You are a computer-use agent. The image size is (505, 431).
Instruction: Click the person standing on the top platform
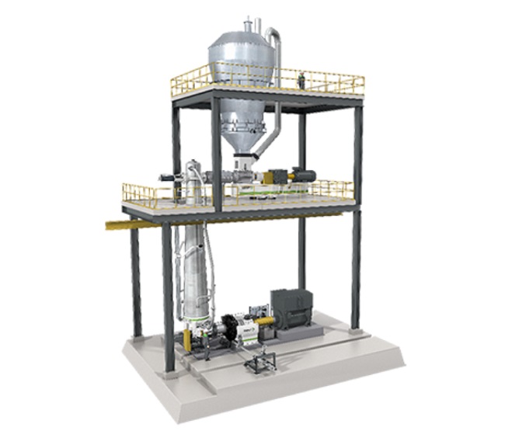click(x=301, y=79)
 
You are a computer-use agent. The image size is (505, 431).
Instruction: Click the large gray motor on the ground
click(x=292, y=308)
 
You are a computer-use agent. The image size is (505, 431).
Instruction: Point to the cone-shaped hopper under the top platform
click(x=242, y=136)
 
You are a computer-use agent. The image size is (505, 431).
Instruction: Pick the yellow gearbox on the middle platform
click(x=280, y=177)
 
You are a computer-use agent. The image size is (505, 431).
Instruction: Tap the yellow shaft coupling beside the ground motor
click(x=264, y=321)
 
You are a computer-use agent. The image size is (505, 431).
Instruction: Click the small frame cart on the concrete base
click(x=259, y=360)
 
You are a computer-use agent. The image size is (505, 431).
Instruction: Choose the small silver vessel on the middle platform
click(x=193, y=180)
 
